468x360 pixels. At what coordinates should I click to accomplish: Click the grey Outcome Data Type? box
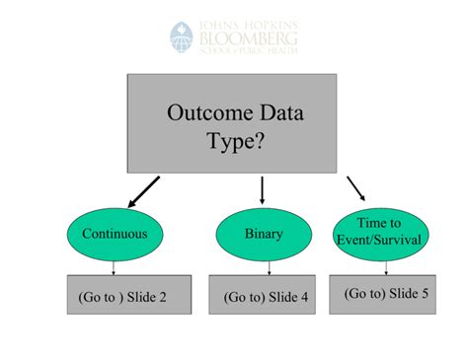coord(230,122)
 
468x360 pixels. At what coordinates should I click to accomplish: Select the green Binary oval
coord(263,235)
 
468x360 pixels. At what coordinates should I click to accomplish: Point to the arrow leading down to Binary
coord(263,189)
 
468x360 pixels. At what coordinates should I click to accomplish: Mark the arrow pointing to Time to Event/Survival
coord(356,188)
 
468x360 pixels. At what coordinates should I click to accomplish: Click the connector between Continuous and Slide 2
coord(114,268)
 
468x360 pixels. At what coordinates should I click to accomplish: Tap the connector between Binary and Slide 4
coord(264,268)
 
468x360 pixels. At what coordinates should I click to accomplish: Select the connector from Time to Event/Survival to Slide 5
coord(386,264)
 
